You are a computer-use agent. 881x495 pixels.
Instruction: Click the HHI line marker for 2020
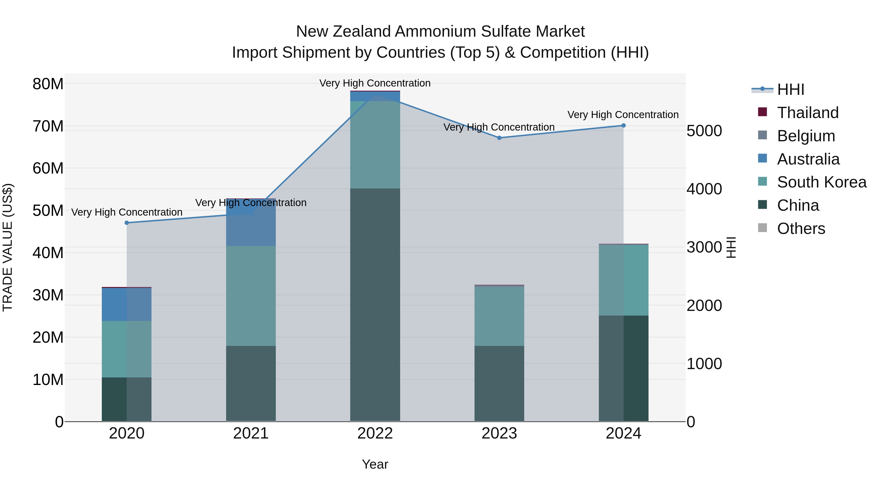pyautogui.click(x=127, y=223)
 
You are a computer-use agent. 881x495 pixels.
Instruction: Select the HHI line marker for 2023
pyautogui.click(x=499, y=138)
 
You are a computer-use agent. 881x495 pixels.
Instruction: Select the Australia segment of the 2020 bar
pyautogui.click(x=127, y=304)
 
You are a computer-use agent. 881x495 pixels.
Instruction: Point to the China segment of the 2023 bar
pyautogui.click(x=499, y=383)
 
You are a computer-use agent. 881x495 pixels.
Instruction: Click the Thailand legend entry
pyautogui.click(x=808, y=113)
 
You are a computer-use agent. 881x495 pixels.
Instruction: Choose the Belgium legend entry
pyautogui.click(x=806, y=136)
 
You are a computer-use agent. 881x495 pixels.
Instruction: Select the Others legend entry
pyautogui.click(x=801, y=229)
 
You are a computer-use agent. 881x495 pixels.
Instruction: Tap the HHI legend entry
pyautogui.click(x=790, y=89)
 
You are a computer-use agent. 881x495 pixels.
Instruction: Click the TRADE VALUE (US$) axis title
pyautogui.click(x=8, y=247)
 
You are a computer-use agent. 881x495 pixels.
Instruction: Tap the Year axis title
pyautogui.click(x=375, y=464)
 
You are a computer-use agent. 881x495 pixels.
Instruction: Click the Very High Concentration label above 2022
pyautogui.click(x=375, y=83)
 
